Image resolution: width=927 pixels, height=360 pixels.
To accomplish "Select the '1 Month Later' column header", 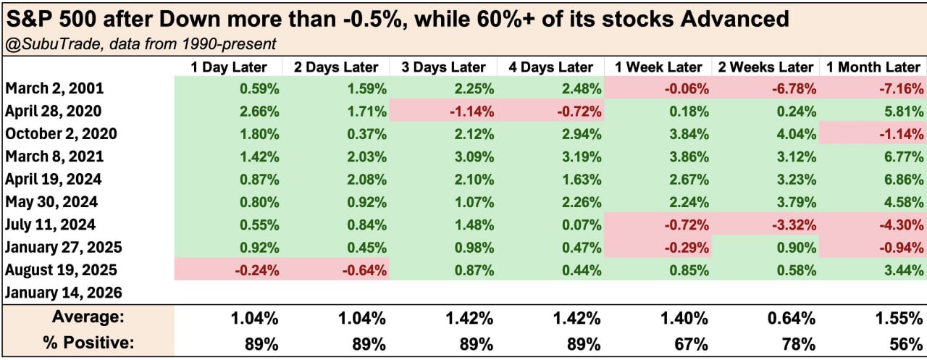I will click(873, 67).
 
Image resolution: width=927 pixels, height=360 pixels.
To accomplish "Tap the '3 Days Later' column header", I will click(444, 67).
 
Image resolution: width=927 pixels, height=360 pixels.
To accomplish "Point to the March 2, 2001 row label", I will click(54, 89).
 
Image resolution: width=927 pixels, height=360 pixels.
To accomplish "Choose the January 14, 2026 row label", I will click(64, 293).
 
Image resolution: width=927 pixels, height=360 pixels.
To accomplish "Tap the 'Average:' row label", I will click(88, 317).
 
